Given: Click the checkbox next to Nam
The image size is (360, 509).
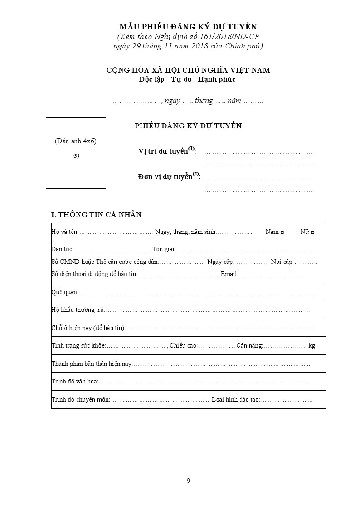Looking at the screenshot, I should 282,232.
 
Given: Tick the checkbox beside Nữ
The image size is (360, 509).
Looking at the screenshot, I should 313,232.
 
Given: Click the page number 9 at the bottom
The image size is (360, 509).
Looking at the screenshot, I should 188,481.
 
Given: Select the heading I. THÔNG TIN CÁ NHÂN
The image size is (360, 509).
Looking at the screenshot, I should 96,214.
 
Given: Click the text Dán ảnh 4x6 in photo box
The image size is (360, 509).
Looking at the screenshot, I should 76,141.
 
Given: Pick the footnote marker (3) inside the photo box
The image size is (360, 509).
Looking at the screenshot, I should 76,156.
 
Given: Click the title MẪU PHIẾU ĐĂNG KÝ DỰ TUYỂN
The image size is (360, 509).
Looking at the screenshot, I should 188,27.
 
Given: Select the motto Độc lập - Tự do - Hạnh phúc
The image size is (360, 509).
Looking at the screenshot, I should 187,79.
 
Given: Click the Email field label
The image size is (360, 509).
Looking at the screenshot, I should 229,274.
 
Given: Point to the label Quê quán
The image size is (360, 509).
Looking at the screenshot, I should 64,292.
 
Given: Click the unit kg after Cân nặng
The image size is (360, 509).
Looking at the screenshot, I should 311,346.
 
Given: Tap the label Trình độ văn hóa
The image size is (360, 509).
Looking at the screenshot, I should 74,382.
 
